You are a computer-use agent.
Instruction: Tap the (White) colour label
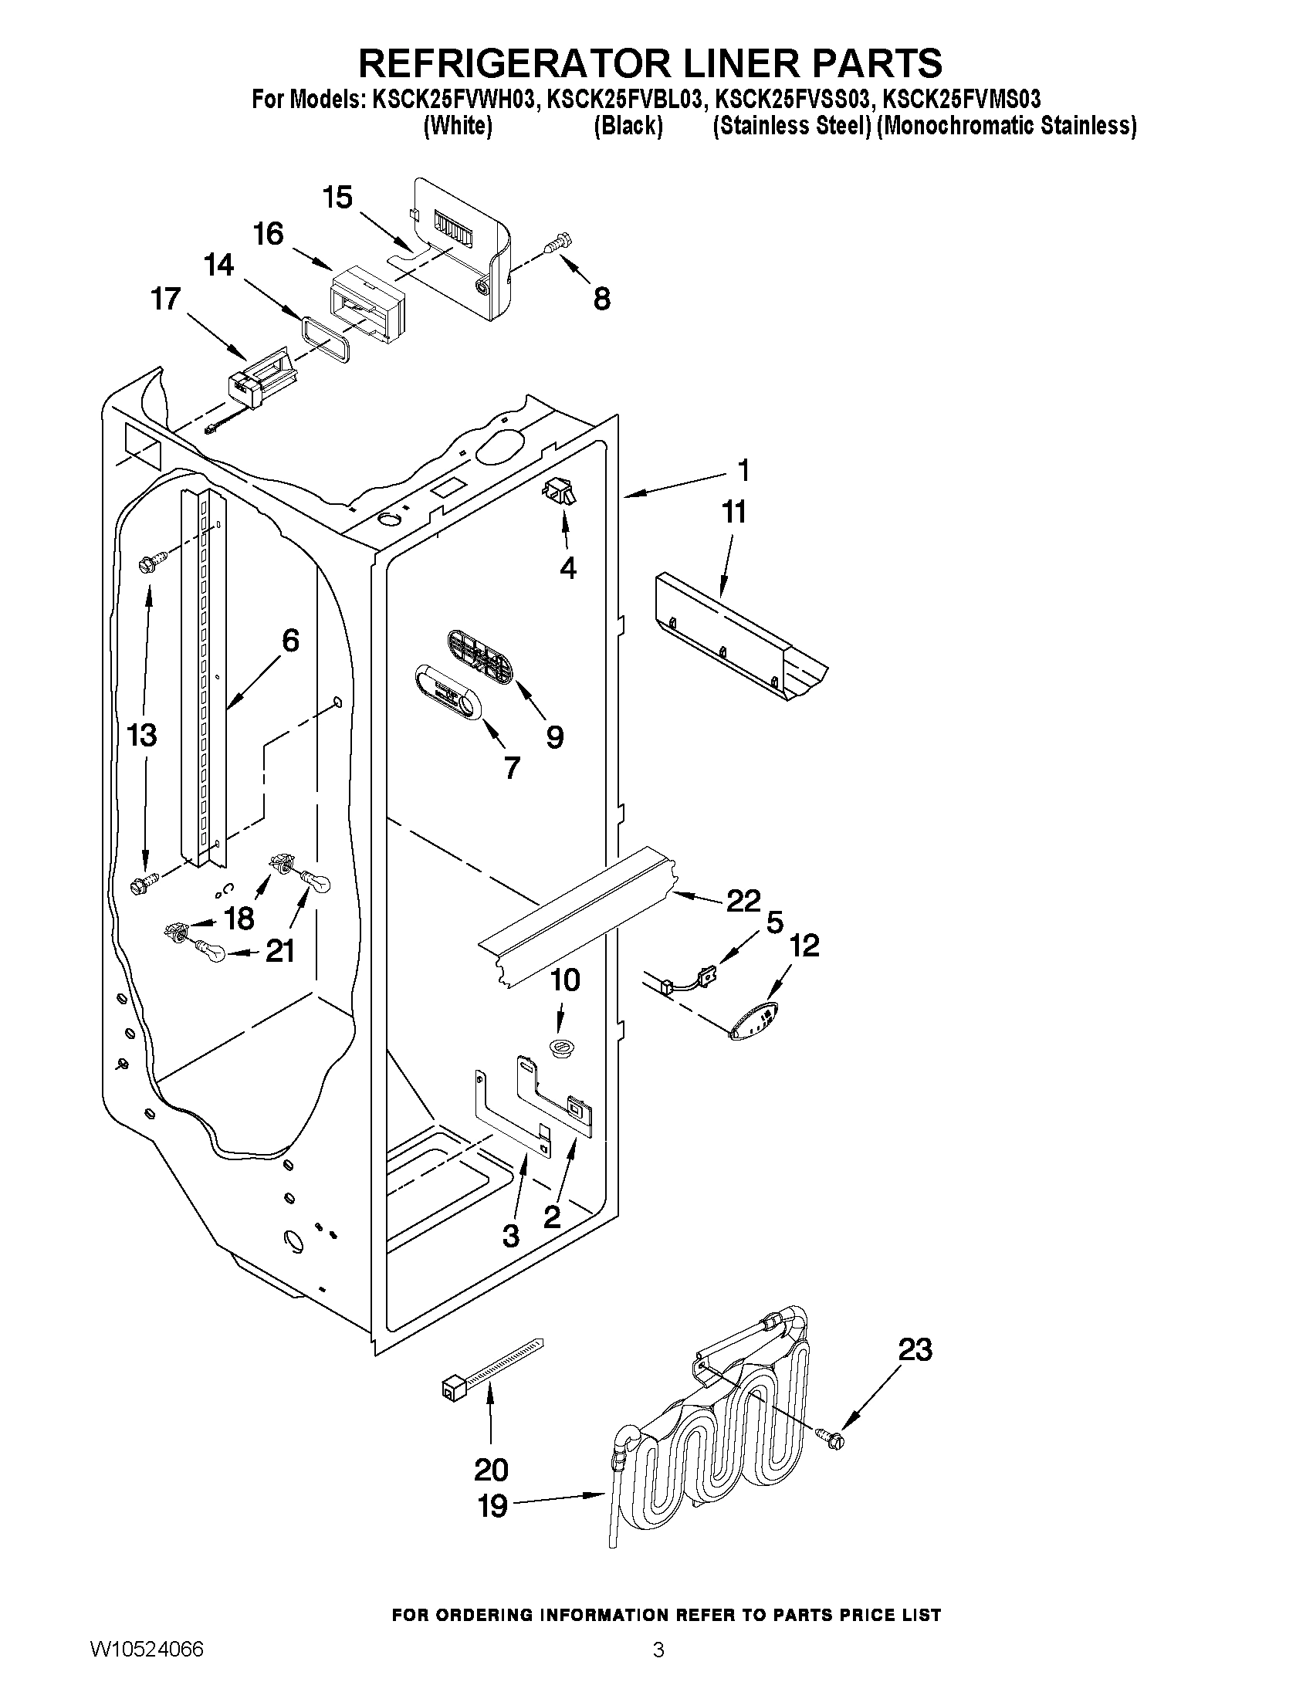pos(458,126)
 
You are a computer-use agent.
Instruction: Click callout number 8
pos(601,298)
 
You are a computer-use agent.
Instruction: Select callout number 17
pos(166,298)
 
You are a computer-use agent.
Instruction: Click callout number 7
pos(511,768)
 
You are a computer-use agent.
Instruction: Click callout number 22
pos(743,900)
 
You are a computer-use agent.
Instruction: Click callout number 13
pos(141,734)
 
